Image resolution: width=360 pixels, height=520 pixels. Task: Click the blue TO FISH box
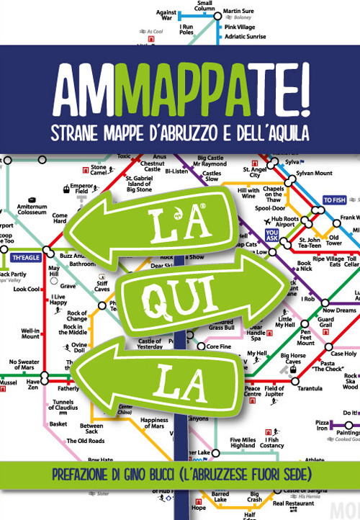[335, 200]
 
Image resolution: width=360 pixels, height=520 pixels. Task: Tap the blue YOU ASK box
[272, 235]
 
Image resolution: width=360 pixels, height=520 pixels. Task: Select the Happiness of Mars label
[154, 423]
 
